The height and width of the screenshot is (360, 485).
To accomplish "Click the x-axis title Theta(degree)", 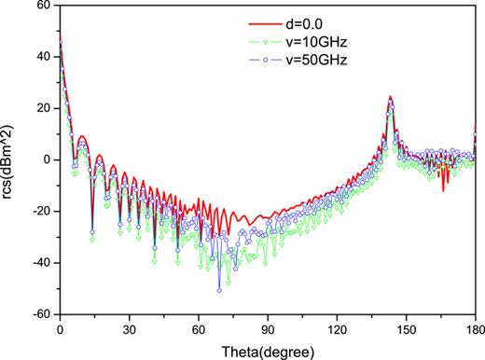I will pos(268,351).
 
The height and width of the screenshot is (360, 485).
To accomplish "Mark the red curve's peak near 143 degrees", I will pos(390,97).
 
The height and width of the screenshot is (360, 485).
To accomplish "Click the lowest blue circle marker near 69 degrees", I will pos(219,290).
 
